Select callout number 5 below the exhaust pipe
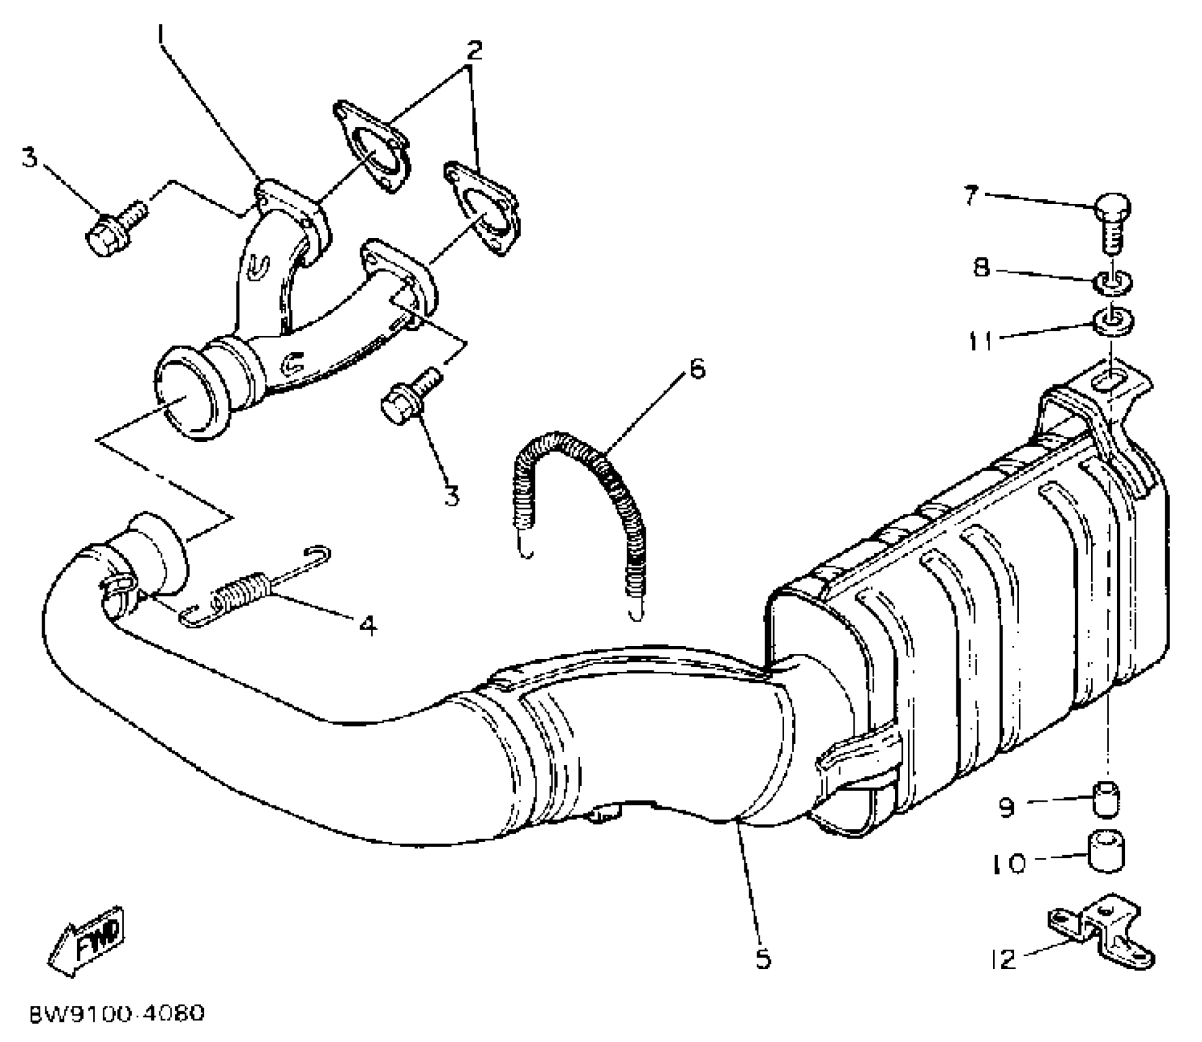(763, 959)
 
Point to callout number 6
(697, 369)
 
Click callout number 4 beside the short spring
(368, 625)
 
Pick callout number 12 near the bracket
(1003, 959)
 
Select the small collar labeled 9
(1106, 799)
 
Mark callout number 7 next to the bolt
(970, 196)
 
